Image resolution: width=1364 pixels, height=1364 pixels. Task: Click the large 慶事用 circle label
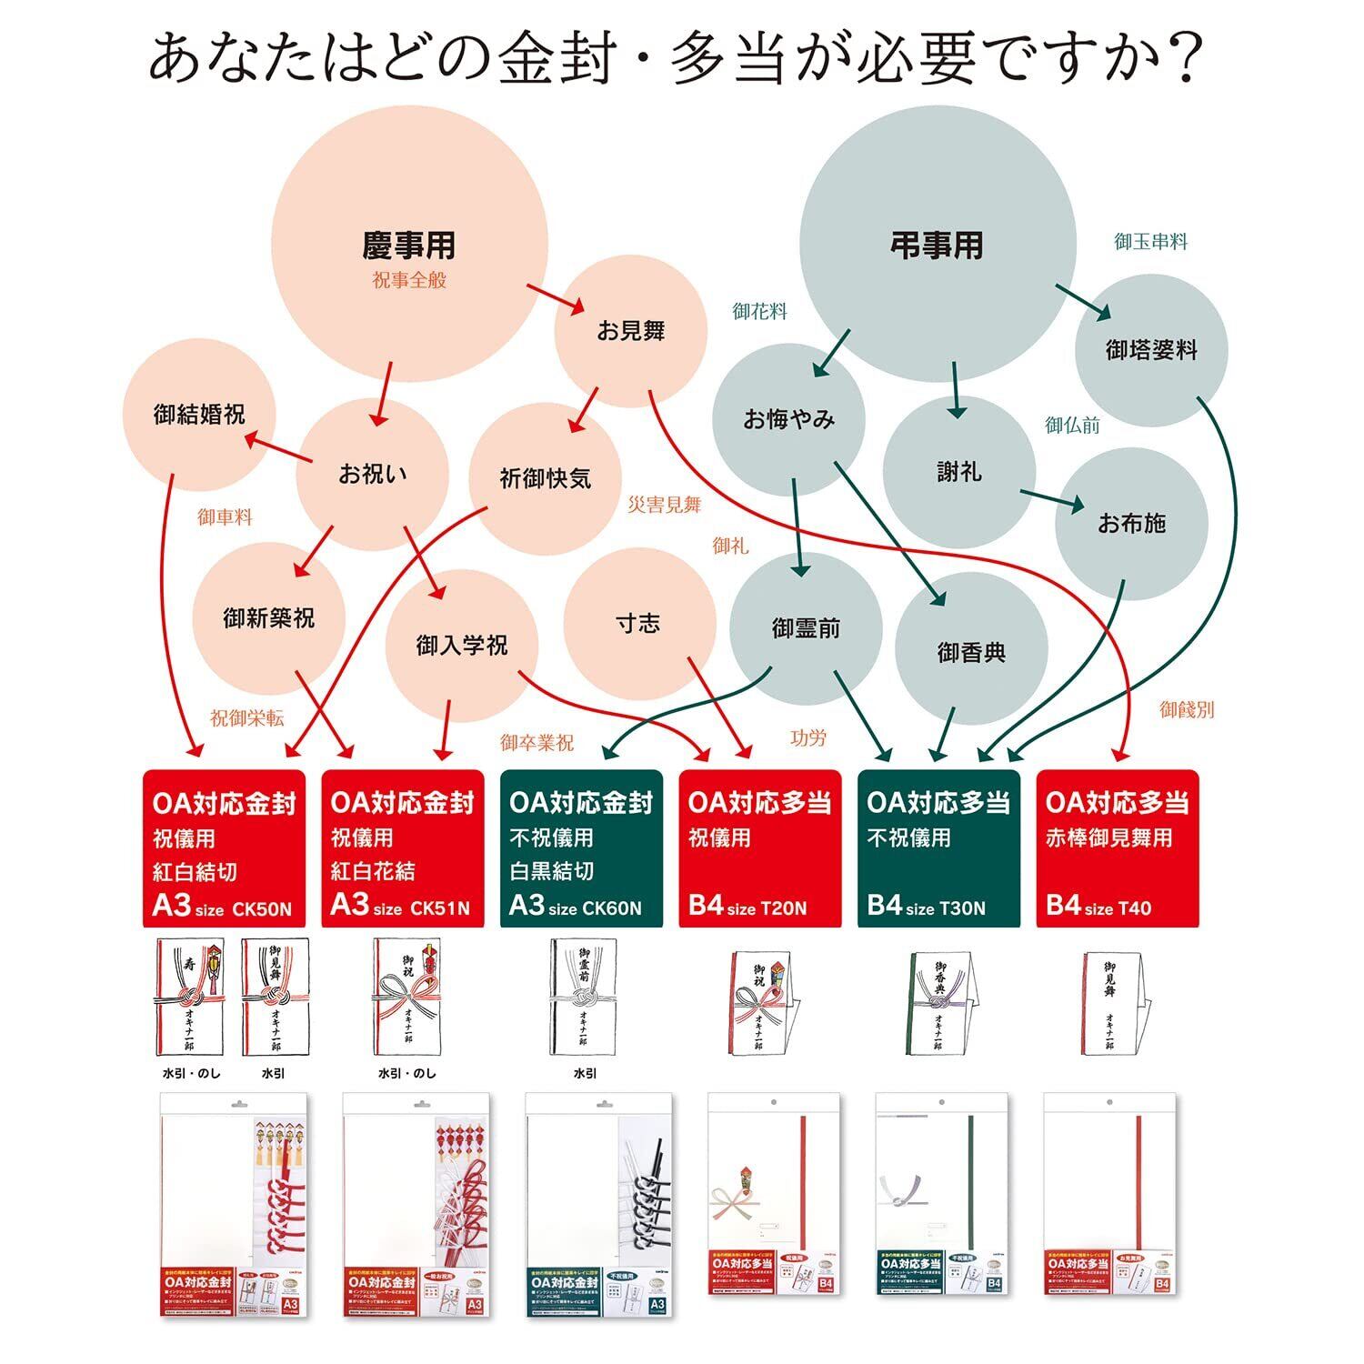point(409,246)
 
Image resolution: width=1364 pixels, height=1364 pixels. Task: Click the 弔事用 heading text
point(937,246)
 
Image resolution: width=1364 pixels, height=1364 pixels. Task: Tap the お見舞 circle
point(631,331)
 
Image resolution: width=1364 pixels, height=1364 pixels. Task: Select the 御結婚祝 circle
point(199,415)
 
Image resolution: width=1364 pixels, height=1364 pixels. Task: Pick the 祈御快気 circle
point(546,478)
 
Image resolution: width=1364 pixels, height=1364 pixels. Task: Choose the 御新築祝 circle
point(268,618)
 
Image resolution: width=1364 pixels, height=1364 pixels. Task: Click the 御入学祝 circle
point(462,646)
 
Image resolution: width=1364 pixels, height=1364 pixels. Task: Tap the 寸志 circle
point(638,624)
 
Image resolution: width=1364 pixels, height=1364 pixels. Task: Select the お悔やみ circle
point(788,419)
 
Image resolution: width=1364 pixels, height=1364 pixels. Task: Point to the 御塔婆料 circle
point(1151,350)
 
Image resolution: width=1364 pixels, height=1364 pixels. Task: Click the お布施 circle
point(1131,523)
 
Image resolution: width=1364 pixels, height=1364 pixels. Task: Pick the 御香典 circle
point(971,652)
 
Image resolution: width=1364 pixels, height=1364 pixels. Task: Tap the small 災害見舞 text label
point(665,505)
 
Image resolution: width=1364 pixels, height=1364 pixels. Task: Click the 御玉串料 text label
point(1151,242)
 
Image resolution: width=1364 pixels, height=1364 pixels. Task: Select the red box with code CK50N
point(224,849)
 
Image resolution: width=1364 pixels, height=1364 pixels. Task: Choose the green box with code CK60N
point(581,849)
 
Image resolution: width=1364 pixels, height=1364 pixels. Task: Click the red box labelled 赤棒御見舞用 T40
point(1118,849)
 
